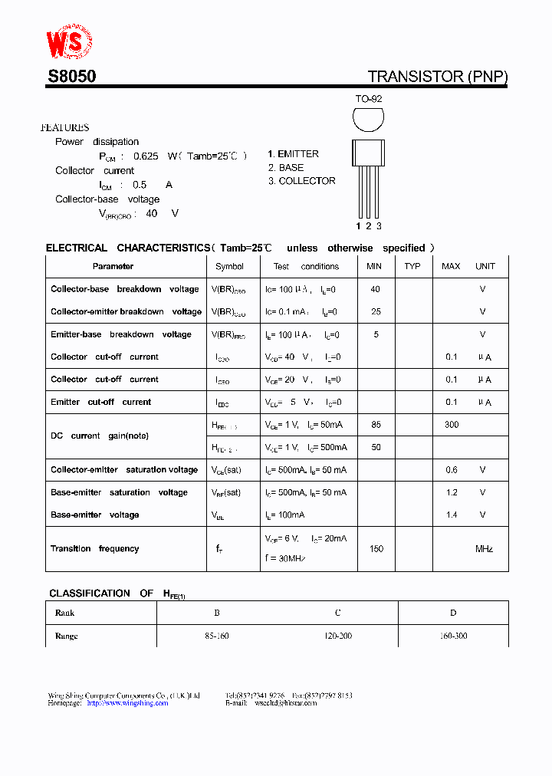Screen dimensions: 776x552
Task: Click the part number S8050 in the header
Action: tap(71, 77)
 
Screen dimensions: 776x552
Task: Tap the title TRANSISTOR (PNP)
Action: tap(437, 77)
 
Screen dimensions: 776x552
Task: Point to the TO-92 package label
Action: tap(368, 100)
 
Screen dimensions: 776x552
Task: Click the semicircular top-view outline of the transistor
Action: tap(368, 120)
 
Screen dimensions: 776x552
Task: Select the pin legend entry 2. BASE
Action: tap(286, 167)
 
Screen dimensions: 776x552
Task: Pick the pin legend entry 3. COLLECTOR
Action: tap(301, 181)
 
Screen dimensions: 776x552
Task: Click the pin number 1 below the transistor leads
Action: tap(358, 225)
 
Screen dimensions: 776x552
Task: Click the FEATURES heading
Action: tap(65, 128)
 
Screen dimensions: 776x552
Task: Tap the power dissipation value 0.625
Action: tap(146, 156)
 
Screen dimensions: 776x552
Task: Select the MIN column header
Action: tap(374, 266)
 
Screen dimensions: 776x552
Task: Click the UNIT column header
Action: tap(485, 266)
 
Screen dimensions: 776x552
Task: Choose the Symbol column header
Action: tap(229, 267)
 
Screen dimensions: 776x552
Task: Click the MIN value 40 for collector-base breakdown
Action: tap(375, 289)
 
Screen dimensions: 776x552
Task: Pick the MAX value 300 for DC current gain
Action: tap(451, 424)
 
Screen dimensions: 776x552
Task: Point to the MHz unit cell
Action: tap(484, 549)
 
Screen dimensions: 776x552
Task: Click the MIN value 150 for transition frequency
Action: tap(376, 549)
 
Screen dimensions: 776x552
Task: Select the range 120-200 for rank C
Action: tap(337, 636)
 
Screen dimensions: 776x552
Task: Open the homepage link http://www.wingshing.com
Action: tap(127, 702)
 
